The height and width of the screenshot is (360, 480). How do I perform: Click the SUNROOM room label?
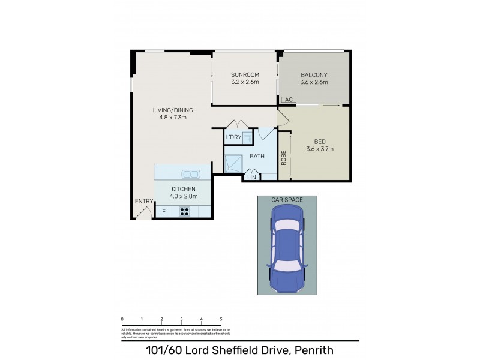[x=245, y=75]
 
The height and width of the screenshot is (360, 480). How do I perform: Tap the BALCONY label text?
[x=314, y=75]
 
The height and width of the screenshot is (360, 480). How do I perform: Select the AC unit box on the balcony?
[x=288, y=100]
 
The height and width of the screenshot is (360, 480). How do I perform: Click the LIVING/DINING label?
[x=170, y=109]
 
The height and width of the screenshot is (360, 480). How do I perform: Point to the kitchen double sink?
[x=191, y=175]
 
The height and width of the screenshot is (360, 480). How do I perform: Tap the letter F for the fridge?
[x=163, y=212]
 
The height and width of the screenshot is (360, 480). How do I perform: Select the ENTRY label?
[x=144, y=201]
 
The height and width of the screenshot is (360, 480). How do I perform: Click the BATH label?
[x=257, y=157]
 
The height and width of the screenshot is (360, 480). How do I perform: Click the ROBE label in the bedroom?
[x=284, y=157]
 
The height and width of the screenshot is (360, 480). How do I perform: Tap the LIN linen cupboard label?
[x=251, y=177]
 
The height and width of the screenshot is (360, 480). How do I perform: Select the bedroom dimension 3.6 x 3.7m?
[x=319, y=149]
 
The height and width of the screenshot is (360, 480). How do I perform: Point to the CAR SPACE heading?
[x=287, y=200]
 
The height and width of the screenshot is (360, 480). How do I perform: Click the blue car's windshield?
[x=287, y=227]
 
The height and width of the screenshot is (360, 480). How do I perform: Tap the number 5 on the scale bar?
[x=221, y=319]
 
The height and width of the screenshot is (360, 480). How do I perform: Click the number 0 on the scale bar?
[x=122, y=319]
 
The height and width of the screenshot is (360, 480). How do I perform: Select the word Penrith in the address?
[x=312, y=350]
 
